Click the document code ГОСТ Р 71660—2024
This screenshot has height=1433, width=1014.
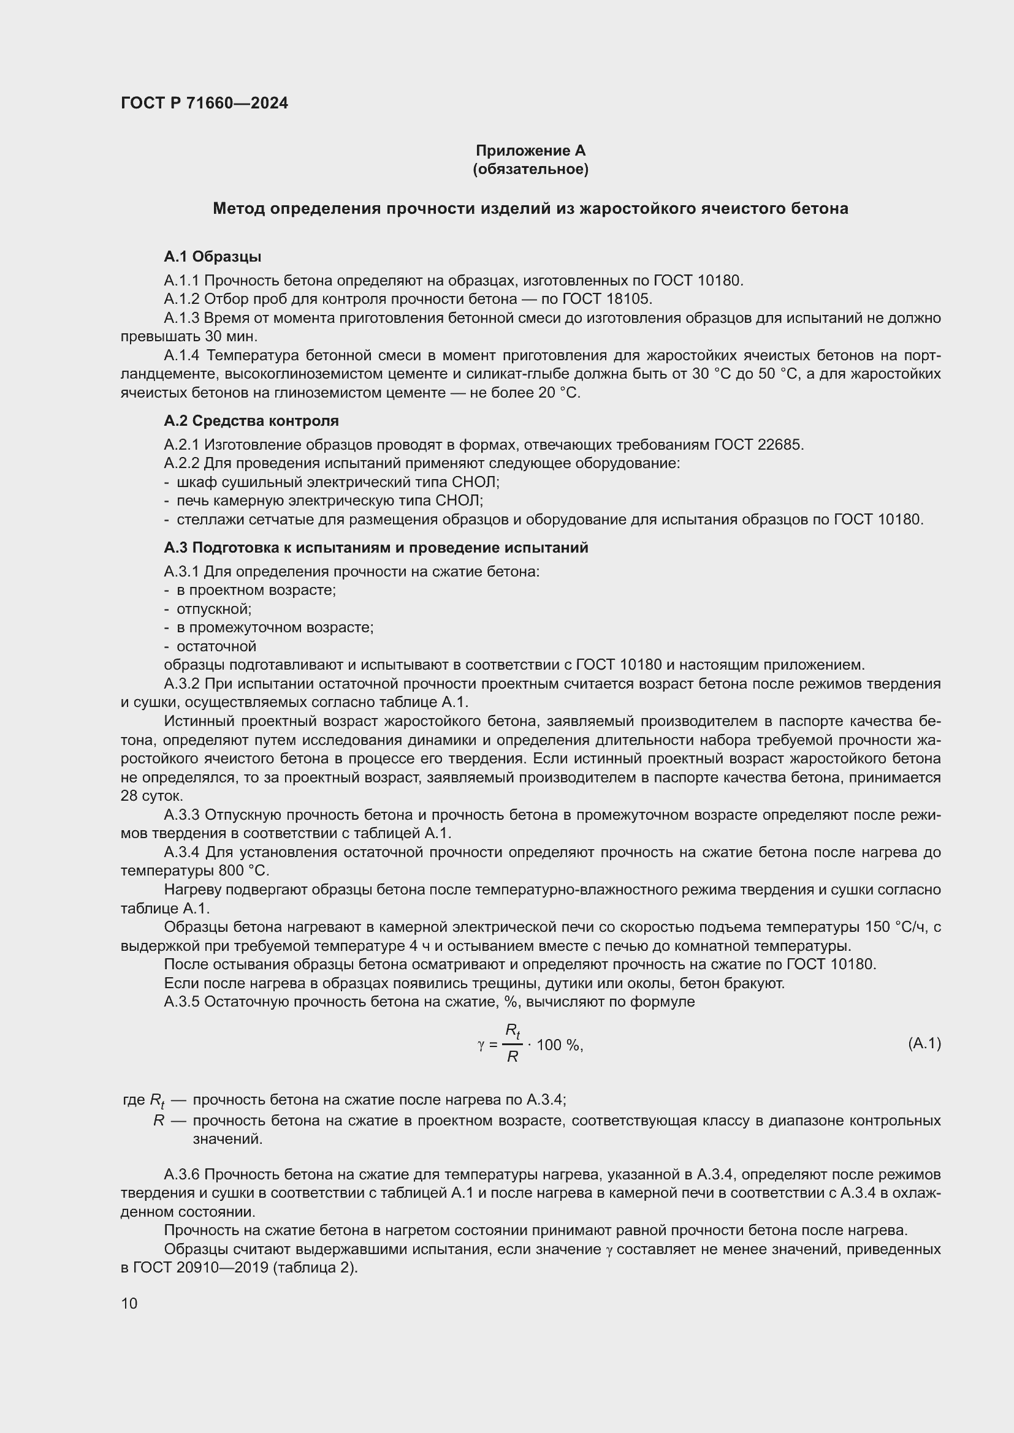point(204,103)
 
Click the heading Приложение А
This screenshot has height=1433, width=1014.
point(530,151)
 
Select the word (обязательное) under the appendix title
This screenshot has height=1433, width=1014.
point(530,169)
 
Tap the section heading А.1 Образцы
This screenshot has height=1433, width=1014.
point(212,257)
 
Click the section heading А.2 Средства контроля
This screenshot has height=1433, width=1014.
point(251,421)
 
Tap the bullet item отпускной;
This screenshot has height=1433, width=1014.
point(213,608)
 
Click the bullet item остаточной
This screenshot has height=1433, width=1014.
point(216,646)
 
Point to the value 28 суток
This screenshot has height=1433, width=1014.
point(151,796)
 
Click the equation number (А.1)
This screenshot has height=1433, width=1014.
point(924,1043)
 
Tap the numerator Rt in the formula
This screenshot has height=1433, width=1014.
point(512,1030)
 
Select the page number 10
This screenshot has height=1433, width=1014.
point(129,1303)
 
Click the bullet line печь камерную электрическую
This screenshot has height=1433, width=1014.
point(330,501)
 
